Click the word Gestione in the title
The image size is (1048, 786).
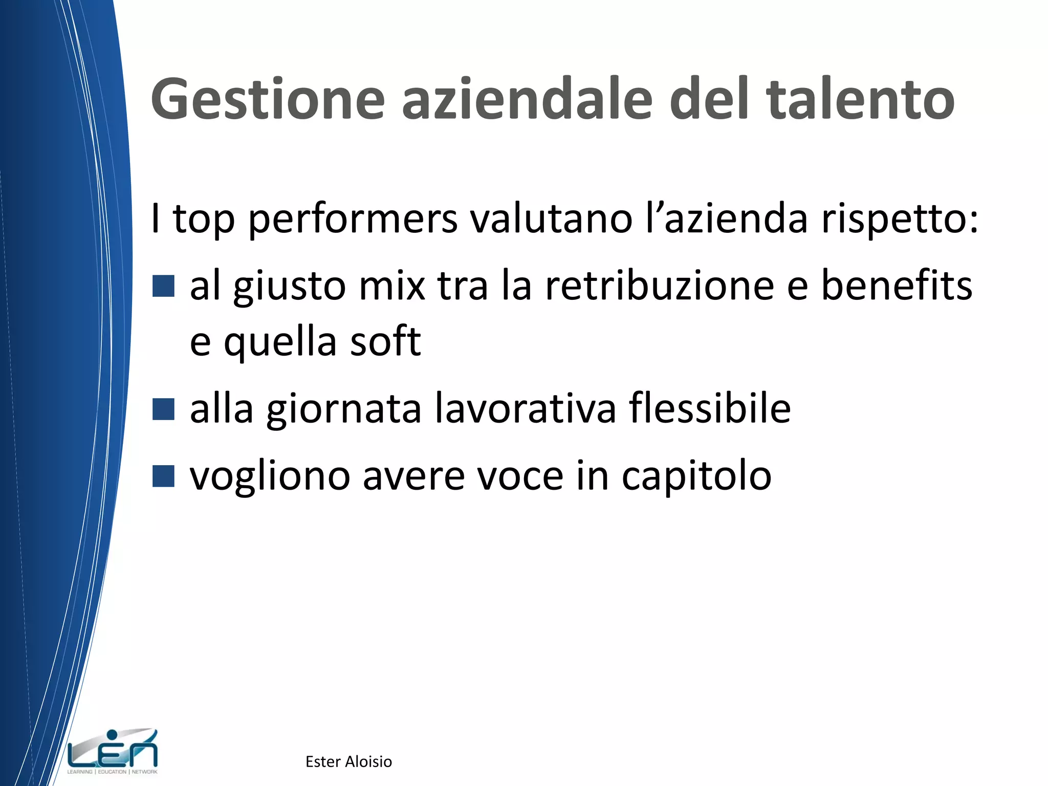pos(268,100)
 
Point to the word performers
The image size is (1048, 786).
pos(353,220)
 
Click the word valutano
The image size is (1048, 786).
pos(551,219)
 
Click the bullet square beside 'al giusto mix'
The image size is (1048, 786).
pos(164,286)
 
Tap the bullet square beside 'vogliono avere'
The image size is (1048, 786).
pos(164,476)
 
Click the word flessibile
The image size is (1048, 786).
pos(710,408)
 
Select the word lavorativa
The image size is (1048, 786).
pos(526,408)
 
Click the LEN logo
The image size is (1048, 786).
pos(113,751)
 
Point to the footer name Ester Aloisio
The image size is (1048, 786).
pos(348,761)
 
